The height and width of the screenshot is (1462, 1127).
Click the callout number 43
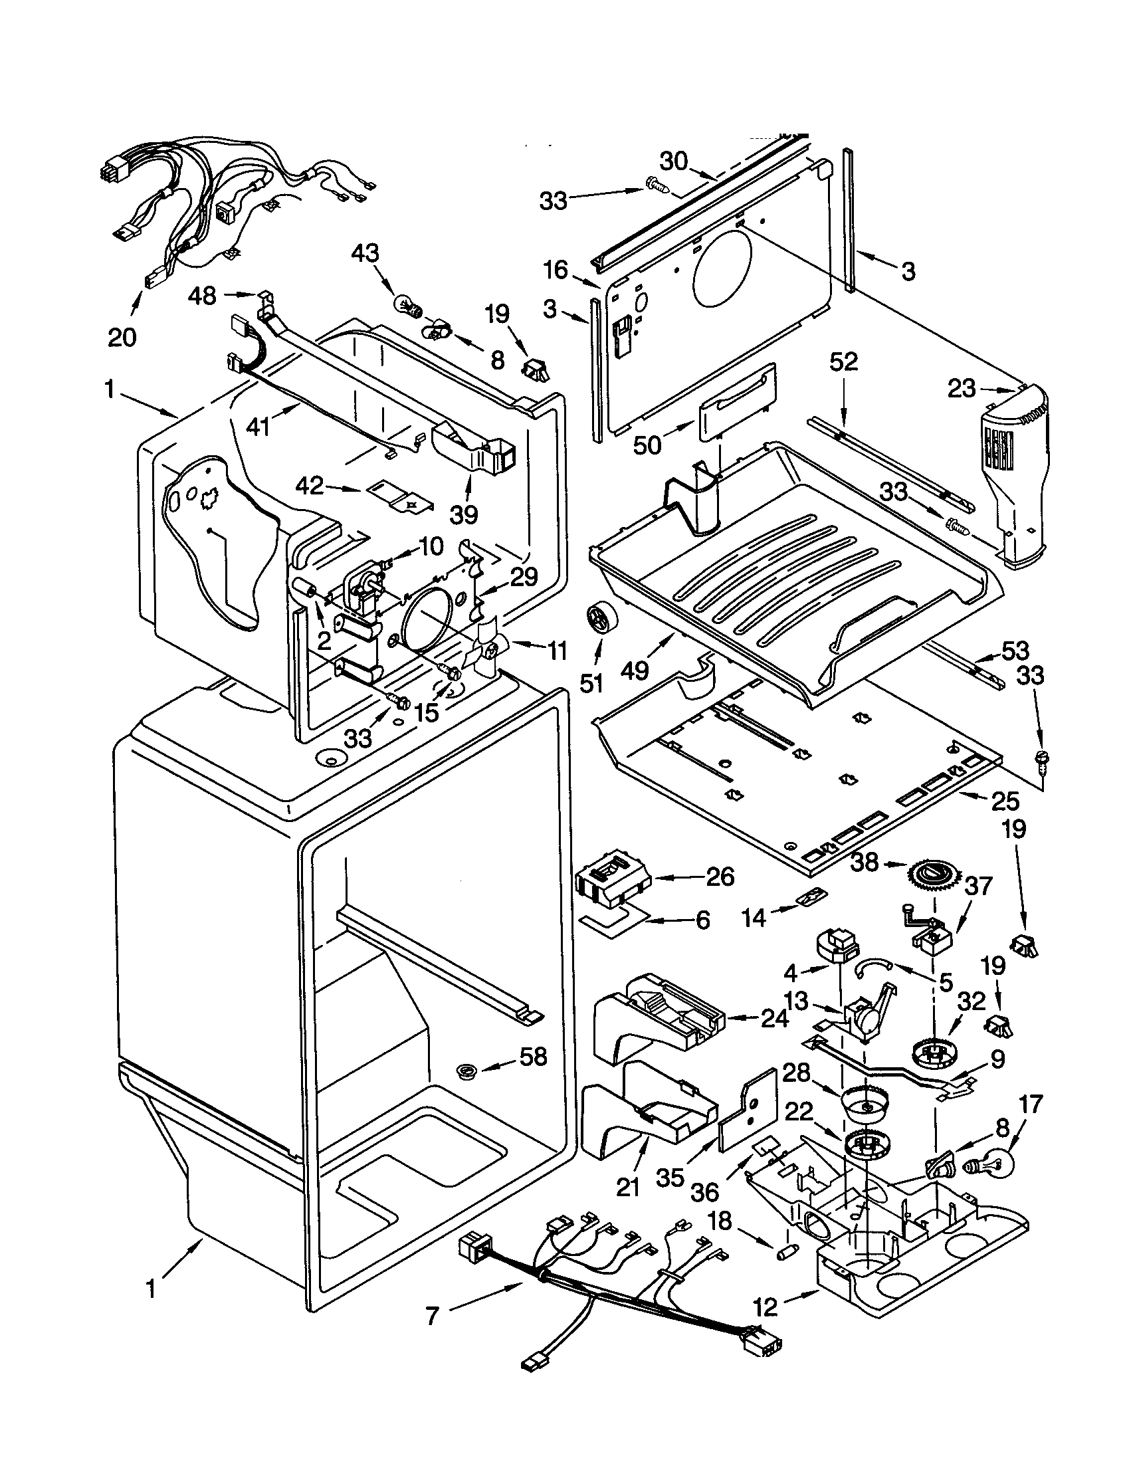click(365, 253)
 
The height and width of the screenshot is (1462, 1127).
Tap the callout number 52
click(843, 362)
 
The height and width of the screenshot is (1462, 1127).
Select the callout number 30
click(674, 161)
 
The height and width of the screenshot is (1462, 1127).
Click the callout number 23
click(962, 388)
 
